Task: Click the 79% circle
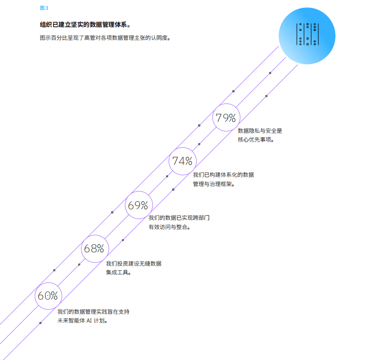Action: coord(226,118)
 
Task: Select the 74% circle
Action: coord(182,161)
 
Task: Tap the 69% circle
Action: coord(138,205)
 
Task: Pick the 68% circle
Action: coord(94,248)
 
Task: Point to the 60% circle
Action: coord(48,296)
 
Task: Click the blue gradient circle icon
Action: coord(307,36)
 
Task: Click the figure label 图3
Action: coord(44,8)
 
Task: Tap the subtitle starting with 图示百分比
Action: coord(105,38)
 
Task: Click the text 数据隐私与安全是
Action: coord(260,131)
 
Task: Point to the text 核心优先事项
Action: coord(256,140)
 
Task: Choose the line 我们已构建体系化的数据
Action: coord(223,175)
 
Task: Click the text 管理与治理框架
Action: coord(214,184)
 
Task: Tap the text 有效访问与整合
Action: coord(170,227)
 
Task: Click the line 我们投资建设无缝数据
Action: coord(134,264)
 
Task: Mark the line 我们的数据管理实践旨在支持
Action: coord(93,312)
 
